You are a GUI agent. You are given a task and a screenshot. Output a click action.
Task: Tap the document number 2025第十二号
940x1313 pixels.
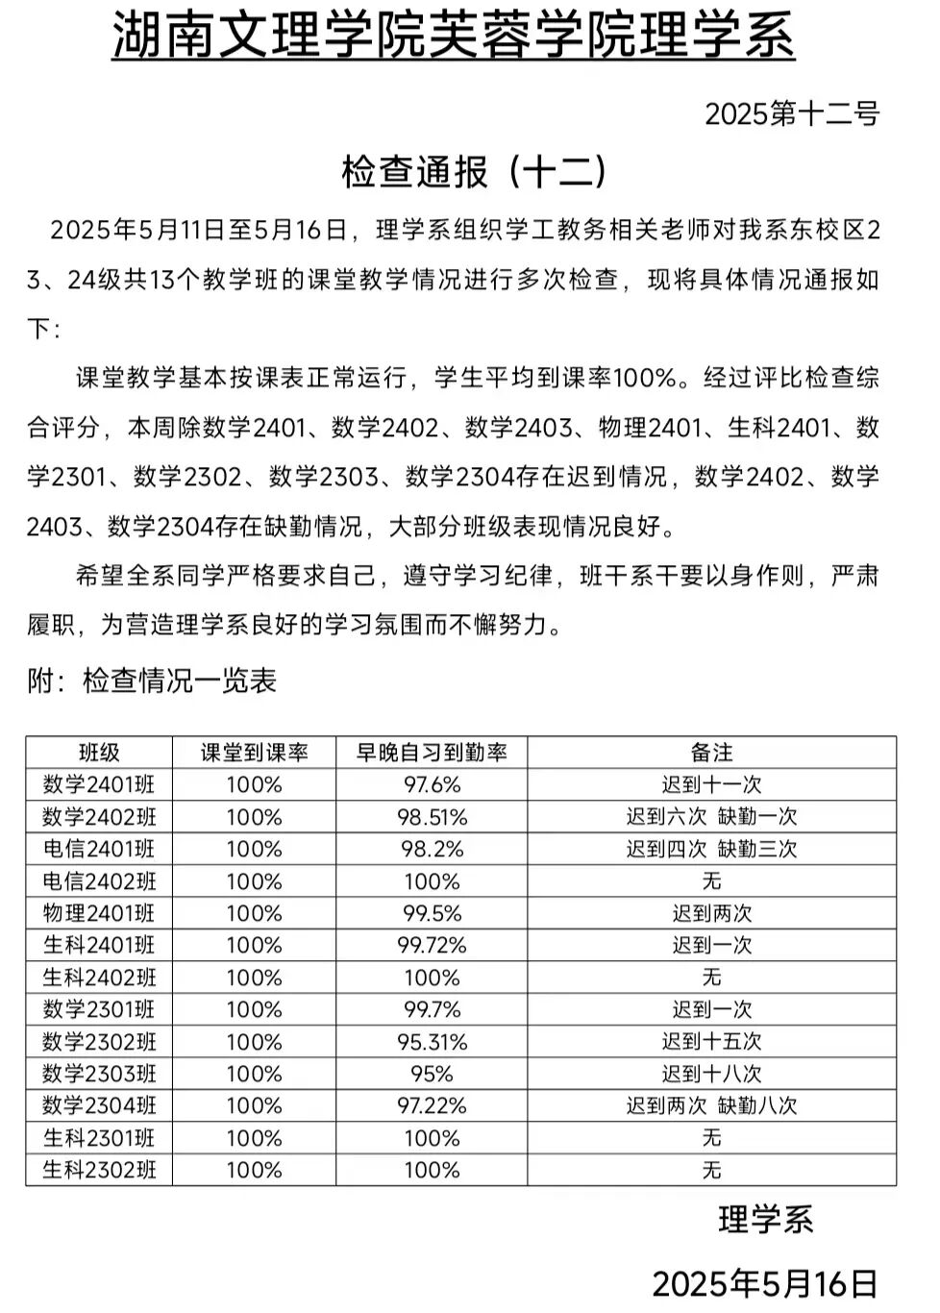(x=792, y=114)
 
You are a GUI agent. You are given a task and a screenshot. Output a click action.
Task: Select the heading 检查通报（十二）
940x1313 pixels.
(x=474, y=172)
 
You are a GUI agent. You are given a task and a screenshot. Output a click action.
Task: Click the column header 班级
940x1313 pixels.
(x=99, y=753)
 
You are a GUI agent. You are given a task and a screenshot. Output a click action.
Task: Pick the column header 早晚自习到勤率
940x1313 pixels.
(x=432, y=753)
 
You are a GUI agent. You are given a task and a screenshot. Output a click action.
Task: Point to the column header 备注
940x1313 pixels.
(x=711, y=753)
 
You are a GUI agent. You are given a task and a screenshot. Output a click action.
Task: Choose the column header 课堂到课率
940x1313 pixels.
(x=254, y=753)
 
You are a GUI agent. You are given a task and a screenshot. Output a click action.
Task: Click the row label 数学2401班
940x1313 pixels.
(x=99, y=784)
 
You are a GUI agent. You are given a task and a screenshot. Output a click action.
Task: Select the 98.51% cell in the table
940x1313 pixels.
(x=432, y=817)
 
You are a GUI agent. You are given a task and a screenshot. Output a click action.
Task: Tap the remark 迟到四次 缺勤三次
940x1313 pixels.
(x=711, y=849)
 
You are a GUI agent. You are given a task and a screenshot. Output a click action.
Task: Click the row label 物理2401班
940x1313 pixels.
(x=99, y=913)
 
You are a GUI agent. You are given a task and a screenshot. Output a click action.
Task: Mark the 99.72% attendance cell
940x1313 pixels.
(x=432, y=945)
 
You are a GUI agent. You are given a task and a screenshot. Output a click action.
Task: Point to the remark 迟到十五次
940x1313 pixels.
(x=711, y=1041)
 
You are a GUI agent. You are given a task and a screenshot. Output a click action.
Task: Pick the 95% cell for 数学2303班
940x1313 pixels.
(x=432, y=1074)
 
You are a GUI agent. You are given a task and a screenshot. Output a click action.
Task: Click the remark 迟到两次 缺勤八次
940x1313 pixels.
(x=711, y=1105)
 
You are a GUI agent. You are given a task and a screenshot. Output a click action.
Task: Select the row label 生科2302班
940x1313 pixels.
(x=99, y=1170)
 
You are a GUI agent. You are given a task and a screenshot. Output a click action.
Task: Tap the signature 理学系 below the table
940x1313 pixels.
(x=765, y=1220)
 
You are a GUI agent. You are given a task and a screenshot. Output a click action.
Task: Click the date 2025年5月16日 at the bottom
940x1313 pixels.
(x=764, y=1283)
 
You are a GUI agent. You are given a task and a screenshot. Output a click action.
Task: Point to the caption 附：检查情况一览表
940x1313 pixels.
(x=152, y=681)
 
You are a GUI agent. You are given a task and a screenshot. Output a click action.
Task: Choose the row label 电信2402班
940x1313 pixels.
(x=99, y=881)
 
